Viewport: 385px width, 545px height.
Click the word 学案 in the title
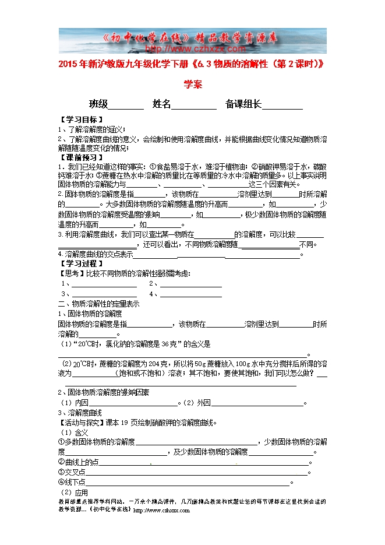click(x=193, y=85)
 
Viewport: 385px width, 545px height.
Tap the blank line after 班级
click(x=126, y=106)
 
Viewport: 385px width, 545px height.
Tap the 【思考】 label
click(x=71, y=273)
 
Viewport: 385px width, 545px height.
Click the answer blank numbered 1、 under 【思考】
click(x=104, y=284)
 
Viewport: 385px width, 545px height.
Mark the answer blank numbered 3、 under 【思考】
click(x=104, y=294)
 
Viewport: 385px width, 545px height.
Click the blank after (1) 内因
click(x=134, y=403)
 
